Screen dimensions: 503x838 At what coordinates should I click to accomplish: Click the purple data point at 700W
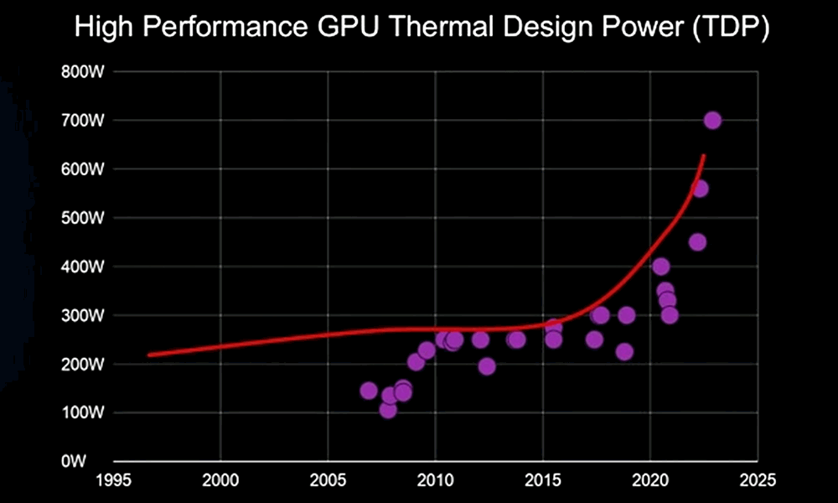[712, 120]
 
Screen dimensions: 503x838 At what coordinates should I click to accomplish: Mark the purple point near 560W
[700, 189]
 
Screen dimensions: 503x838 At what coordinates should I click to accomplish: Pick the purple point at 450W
[697, 242]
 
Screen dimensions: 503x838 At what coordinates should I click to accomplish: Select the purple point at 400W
[660, 267]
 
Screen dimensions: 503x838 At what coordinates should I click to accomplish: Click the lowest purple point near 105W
[388, 409]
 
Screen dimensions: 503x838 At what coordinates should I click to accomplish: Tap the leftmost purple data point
[369, 391]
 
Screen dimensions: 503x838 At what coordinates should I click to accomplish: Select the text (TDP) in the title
[726, 29]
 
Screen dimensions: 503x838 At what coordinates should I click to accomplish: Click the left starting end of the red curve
[149, 355]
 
